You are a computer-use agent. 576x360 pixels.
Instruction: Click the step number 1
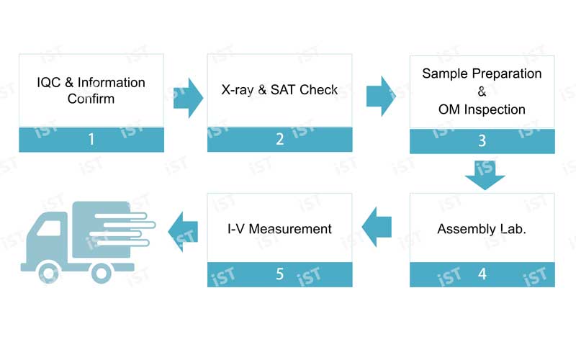[91, 139]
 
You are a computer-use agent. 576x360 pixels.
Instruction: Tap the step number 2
[280, 139]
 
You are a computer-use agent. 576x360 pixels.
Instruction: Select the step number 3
[482, 140]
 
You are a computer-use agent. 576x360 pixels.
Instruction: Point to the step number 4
[482, 274]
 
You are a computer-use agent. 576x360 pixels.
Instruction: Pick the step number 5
[280, 274]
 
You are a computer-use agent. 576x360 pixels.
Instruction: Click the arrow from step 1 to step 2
[188, 98]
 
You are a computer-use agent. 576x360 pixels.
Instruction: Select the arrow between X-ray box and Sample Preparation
[382, 96]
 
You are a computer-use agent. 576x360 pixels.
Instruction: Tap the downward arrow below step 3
[485, 175]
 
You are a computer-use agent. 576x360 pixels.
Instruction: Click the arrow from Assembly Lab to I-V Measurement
[377, 227]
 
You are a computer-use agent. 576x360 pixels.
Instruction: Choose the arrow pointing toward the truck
[183, 231]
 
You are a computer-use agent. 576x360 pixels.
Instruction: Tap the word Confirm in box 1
[91, 99]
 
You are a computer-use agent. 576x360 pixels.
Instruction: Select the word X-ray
[238, 89]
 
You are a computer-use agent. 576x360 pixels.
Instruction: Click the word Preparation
[507, 74]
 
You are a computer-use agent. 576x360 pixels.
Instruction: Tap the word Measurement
[290, 229]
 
